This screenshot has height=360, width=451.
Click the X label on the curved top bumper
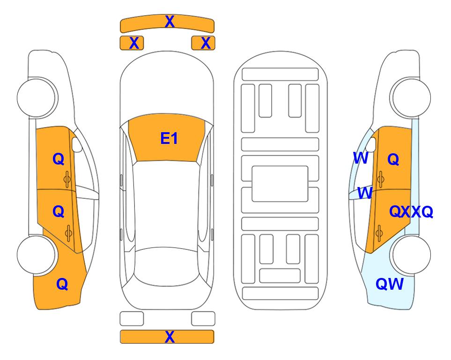(170, 22)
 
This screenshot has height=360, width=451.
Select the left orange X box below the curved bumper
(132, 43)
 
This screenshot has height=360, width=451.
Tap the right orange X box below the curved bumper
(203, 43)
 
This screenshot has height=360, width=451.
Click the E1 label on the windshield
(169, 138)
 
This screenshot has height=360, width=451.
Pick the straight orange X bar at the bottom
(167, 337)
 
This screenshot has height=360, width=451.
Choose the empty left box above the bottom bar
(132, 319)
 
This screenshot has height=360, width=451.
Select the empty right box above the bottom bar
(203, 319)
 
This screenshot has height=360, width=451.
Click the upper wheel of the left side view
(37, 97)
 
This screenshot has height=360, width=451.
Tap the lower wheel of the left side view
(37, 255)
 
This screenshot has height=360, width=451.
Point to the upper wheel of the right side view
(411, 97)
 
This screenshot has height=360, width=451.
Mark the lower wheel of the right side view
(411, 255)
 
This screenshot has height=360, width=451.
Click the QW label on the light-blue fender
(390, 284)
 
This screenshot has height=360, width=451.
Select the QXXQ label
(411, 212)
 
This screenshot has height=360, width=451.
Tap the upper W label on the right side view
(361, 158)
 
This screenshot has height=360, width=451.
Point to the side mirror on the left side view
(76, 144)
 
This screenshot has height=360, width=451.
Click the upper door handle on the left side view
(67, 179)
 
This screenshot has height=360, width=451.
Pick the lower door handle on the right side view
(379, 233)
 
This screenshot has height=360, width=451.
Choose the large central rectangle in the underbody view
(280, 184)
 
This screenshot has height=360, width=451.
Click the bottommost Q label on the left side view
(62, 284)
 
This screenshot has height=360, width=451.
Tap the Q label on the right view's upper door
(393, 159)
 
